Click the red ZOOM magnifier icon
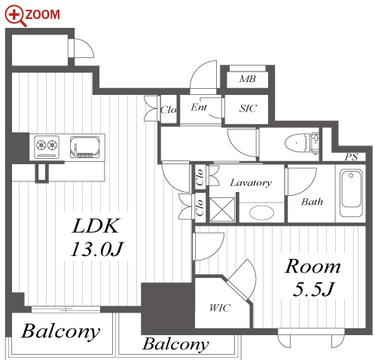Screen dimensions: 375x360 15,16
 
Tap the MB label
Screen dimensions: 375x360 247,79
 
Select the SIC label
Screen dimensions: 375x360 248,108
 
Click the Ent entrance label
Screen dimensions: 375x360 199,107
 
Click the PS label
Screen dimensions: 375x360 351,157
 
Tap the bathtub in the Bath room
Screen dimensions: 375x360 351,193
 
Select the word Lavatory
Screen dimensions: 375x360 251,183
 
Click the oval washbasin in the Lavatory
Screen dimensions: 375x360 261,212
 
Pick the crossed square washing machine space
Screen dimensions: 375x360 222,209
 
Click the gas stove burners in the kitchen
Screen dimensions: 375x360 47,145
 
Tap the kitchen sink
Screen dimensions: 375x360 84,147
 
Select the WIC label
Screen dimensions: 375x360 220,308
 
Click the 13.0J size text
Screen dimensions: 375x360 97,249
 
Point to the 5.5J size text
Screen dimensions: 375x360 313,289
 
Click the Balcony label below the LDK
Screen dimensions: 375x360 61,331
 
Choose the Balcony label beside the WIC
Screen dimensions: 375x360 175,343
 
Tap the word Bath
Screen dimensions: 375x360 312,202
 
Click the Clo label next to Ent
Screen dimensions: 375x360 169,109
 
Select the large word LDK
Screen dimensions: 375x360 95,226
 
